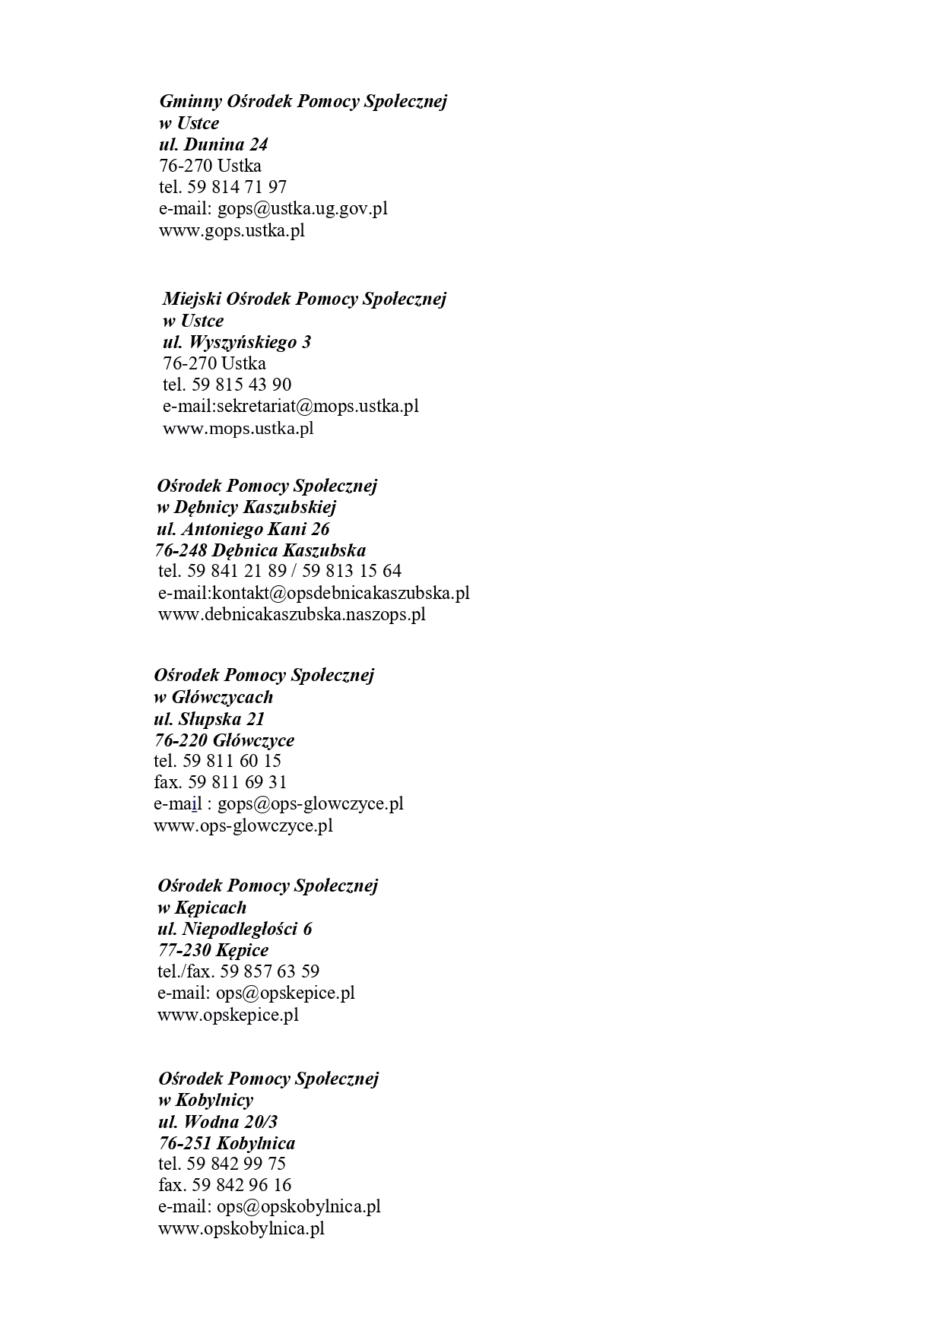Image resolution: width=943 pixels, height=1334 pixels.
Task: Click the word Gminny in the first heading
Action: (x=190, y=101)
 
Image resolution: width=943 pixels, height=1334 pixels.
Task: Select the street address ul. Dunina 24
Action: (x=213, y=144)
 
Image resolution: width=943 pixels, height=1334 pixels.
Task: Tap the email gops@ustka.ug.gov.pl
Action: (x=303, y=208)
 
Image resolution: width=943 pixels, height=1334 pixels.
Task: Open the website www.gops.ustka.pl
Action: (x=231, y=230)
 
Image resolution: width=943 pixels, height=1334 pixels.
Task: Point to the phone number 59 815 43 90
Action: (x=242, y=385)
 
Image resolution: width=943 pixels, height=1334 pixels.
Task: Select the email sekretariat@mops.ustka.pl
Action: (x=318, y=406)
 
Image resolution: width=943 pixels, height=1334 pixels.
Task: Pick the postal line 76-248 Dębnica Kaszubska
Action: (x=260, y=550)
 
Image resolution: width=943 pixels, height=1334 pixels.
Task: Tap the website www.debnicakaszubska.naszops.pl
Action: (x=291, y=614)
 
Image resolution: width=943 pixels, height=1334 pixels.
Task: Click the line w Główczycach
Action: (x=213, y=697)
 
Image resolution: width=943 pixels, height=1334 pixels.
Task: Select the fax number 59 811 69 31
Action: (x=237, y=782)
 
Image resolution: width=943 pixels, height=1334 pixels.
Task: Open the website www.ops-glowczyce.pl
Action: (x=243, y=825)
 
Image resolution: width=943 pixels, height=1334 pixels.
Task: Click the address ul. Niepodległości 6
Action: (x=234, y=929)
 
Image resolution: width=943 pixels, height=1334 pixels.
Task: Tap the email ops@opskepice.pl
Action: (x=285, y=993)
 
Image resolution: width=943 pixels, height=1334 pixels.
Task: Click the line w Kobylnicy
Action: (x=205, y=1100)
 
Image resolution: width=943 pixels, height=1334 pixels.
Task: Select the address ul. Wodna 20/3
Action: (x=217, y=1122)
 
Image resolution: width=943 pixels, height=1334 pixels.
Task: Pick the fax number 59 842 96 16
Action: (x=242, y=1185)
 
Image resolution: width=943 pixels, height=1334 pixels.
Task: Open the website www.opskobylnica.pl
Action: (x=241, y=1228)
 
